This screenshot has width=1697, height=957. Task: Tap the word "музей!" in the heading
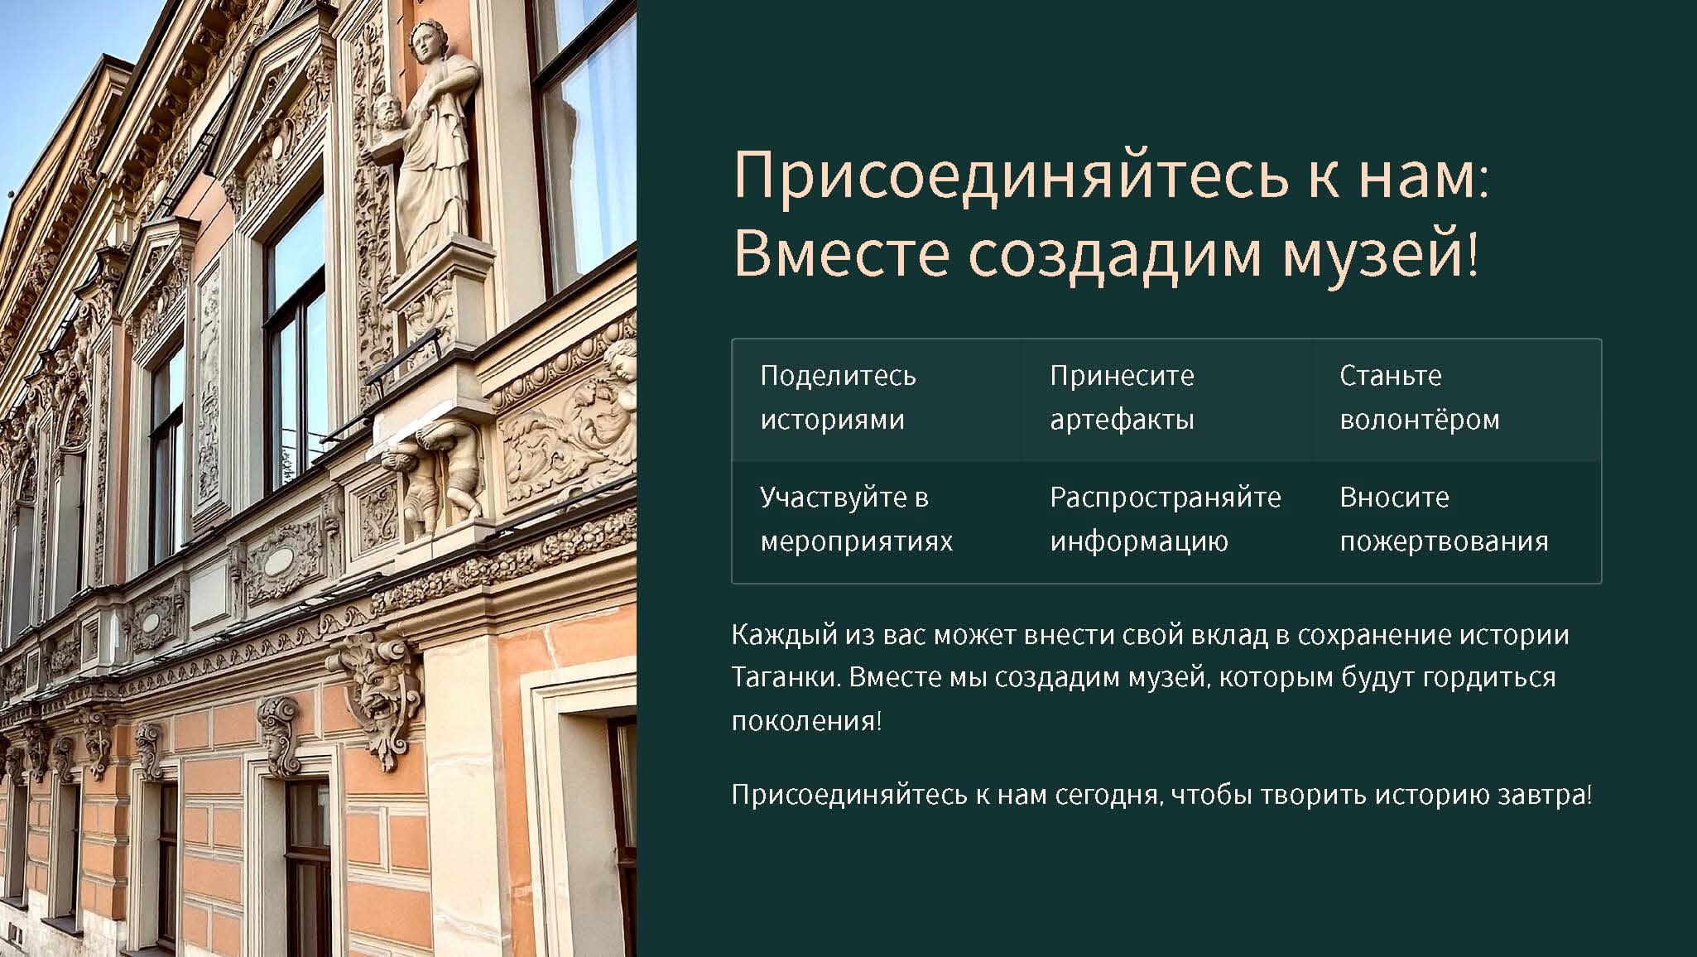point(1382,252)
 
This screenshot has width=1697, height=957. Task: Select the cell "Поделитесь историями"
point(877,400)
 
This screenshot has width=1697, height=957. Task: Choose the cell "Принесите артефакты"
point(1167,400)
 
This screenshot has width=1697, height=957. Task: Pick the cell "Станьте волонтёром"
point(1457,400)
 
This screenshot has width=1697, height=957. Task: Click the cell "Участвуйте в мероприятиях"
point(877,522)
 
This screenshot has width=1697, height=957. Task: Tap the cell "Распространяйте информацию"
point(1167,522)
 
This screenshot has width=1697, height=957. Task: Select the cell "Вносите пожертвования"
point(1457,522)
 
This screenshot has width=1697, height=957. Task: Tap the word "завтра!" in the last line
point(1546,796)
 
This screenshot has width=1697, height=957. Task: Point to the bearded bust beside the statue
point(384,117)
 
